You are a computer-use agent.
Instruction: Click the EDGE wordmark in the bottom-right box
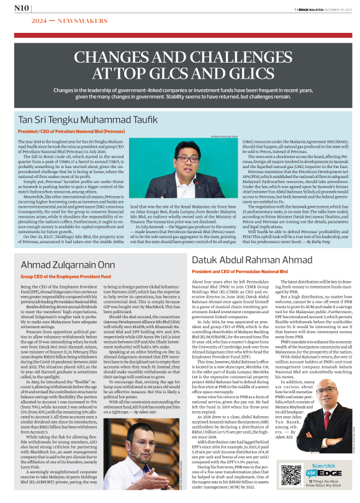tap(330, 474)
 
